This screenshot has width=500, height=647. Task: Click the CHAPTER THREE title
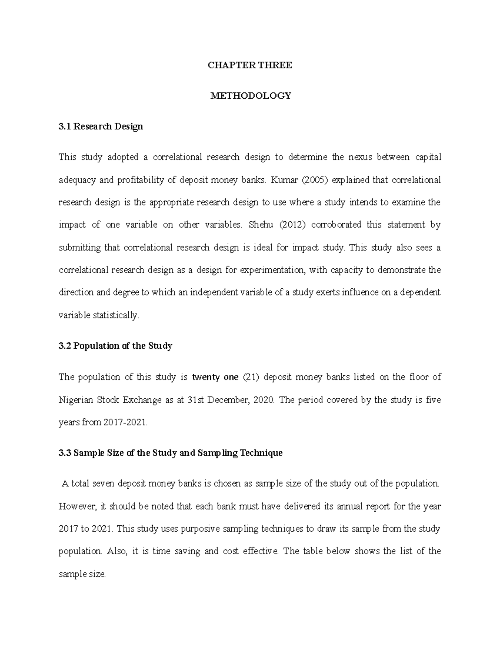point(250,65)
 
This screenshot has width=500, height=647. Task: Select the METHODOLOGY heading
point(250,96)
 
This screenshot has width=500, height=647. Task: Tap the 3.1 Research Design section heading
point(101,126)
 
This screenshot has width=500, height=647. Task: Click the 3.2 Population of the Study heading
point(115,346)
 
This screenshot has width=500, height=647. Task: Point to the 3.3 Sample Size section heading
point(171,453)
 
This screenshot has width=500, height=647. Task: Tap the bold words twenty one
point(215,377)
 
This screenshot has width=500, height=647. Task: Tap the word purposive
point(193,529)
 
